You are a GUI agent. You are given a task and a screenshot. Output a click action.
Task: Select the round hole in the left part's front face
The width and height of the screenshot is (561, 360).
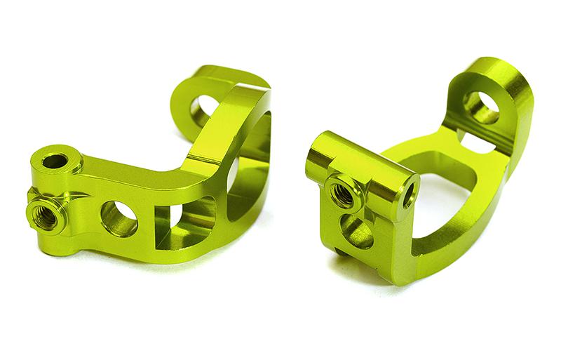[x=119, y=218]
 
